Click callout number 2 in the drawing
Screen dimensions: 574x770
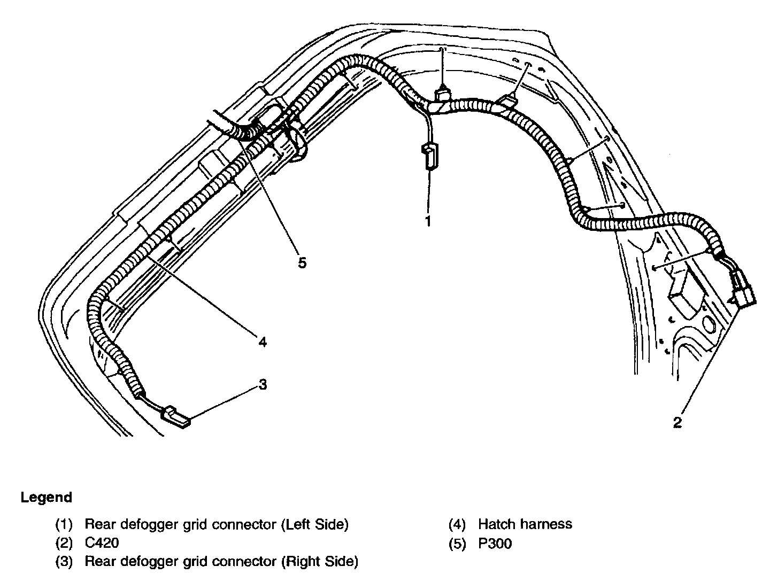[677, 422]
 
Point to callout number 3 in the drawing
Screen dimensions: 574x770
[263, 384]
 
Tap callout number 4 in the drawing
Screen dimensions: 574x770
[262, 341]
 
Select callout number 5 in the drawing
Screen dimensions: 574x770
[302, 263]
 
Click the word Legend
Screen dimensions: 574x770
[46, 498]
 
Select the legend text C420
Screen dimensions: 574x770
[102, 543]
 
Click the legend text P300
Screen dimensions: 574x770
[495, 544]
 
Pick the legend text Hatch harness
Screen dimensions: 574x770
[525, 524]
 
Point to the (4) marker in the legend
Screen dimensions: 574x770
[457, 524]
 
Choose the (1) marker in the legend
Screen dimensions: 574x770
[64, 524]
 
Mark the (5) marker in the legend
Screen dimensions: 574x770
[457, 544]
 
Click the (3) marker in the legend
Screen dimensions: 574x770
[64, 562]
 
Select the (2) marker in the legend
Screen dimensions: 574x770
[64, 543]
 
